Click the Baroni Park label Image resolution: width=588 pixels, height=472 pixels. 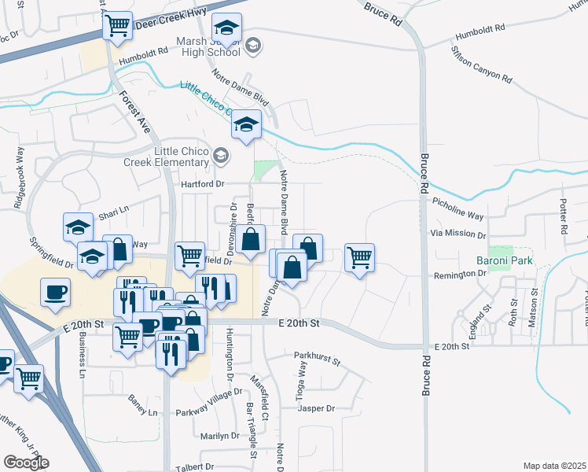505,260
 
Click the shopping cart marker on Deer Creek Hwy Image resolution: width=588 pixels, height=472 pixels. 118,26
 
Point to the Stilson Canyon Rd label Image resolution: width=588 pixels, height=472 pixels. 481,65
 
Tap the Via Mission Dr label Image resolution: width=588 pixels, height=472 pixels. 458,234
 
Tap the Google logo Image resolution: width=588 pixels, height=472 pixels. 25,463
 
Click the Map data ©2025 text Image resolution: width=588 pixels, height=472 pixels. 554,466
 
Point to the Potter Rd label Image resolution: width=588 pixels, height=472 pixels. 563,219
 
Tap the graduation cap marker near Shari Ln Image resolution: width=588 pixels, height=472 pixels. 78,227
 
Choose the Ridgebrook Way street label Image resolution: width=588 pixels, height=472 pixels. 17,186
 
